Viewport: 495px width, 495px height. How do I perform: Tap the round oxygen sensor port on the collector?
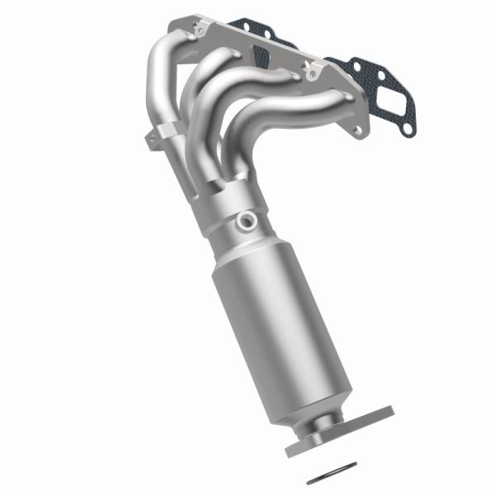(x=244, y=220)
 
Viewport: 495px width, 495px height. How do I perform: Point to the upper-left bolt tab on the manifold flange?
(x=198, y=29)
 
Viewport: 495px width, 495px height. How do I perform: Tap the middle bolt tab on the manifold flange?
(x=312, y=73)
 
